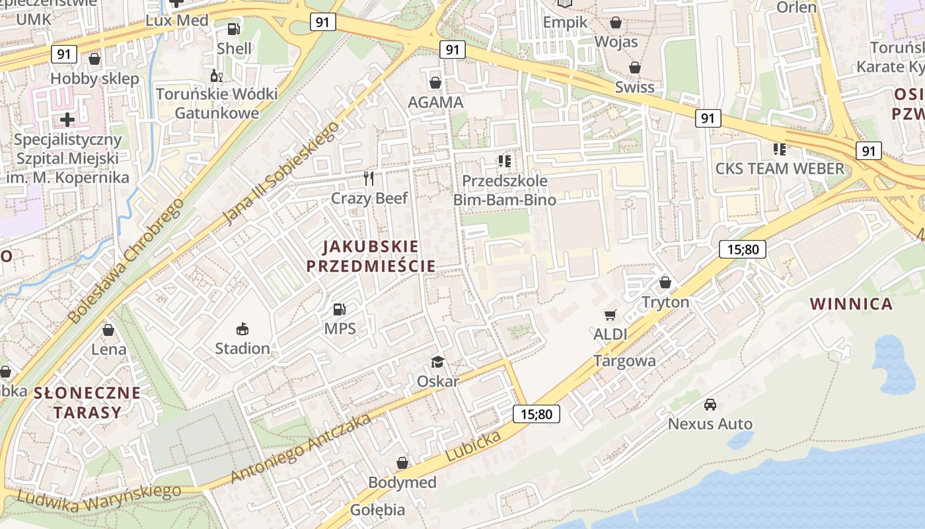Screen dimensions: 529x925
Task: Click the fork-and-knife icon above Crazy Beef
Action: click(x=369, y=178)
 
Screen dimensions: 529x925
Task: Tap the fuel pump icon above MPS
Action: click(x=340, y=309)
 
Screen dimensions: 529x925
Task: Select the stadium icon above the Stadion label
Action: click(x=242, y=329)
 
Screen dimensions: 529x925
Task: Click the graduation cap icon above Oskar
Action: click(x=437, y=361)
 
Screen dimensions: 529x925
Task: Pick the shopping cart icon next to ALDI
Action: click(x=610, y=315)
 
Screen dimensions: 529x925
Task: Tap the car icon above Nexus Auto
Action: click(x=710, y=404)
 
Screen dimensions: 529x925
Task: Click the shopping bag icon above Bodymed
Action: click(x=402, y=463)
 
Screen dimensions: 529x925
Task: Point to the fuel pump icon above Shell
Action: click(x=233, y=28)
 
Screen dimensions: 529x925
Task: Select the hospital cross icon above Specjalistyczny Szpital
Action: click(x=67, y=120)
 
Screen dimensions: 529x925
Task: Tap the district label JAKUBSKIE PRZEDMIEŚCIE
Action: click(x=371, y=257)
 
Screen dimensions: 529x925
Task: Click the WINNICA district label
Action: click(x=851, y=304)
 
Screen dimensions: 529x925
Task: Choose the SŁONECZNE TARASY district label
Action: click(x=87, y=403)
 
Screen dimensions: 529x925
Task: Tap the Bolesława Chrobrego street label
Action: click(x=125, y=261)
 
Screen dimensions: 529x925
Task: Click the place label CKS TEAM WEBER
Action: click(x=780, y=169)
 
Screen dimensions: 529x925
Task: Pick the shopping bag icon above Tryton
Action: click(x=665, y=282)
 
